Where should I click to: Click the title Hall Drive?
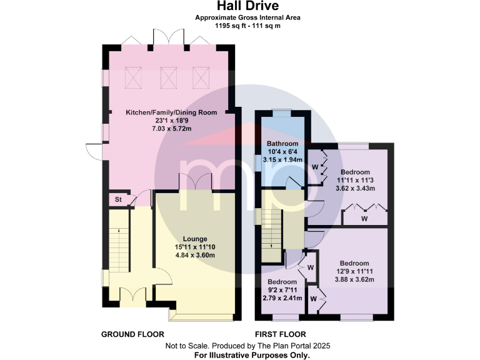click(248, 6)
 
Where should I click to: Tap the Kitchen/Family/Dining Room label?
click(171, 112)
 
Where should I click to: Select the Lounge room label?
click(195, 239)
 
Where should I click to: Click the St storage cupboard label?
click(117, 199)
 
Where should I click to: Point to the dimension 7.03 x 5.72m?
click(171, 128)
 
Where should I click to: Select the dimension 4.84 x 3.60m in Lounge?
click(195, 255)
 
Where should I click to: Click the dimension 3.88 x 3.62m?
click(354, 279)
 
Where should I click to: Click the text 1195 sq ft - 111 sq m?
click(248, 26)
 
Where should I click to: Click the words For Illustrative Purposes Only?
click(252, 354)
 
